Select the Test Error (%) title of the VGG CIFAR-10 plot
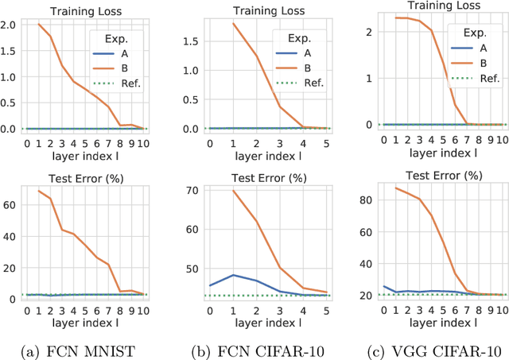click(429, 175)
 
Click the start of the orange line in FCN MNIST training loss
click(37, 25)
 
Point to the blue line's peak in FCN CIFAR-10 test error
click(230, 275)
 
